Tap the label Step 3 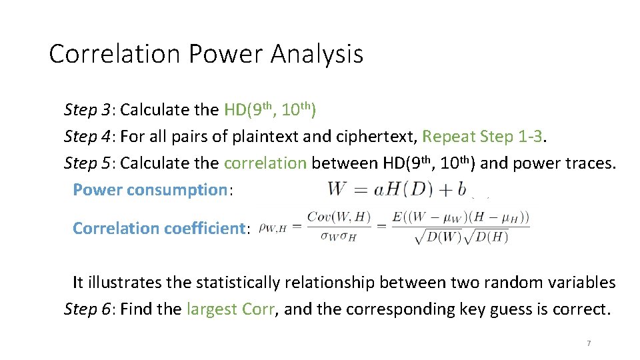87,109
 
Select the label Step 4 87,137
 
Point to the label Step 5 87,163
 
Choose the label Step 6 87,309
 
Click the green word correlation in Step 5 265,163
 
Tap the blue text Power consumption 150,190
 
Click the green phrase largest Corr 230,309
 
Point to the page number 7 589,343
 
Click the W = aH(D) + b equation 397,189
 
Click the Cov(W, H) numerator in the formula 331,217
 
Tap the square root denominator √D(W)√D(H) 461,237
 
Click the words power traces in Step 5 558,163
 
